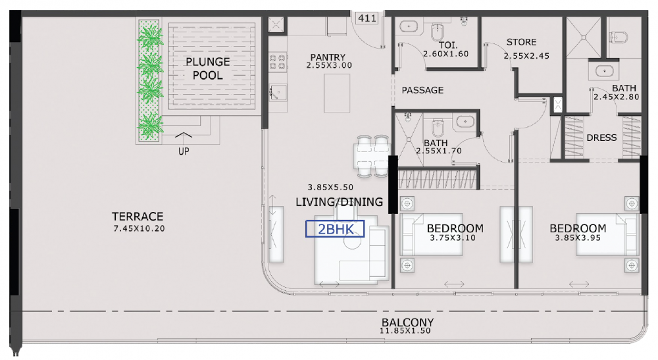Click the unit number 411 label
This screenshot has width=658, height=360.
coord(367,18)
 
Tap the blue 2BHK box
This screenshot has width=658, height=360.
coord(335,228)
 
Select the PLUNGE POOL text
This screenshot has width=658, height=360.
coord(208,68)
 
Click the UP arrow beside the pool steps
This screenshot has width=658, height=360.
coord(184,135)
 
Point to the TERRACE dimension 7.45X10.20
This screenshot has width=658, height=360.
coord(139,228)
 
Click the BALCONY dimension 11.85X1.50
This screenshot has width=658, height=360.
coord(405,330)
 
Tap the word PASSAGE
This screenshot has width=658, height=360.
coord(422,90)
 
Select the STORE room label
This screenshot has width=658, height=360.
coord(521,42)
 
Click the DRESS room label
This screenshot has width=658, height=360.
coord(601,138)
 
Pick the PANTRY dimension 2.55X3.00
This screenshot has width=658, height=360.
coord(329,65)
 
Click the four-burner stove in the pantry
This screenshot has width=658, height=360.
coord(278,62)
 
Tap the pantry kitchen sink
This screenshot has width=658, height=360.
coord(278,92)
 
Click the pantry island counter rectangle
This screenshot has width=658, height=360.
coord(336,93)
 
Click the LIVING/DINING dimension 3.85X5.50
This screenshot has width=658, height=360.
coord(330,188)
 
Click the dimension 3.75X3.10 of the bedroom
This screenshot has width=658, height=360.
coord(453,238)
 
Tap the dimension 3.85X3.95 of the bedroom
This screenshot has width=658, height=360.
coord(578,238)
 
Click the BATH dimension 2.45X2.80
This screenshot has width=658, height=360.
coord(616,97)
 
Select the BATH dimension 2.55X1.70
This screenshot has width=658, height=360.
coord(438,151)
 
